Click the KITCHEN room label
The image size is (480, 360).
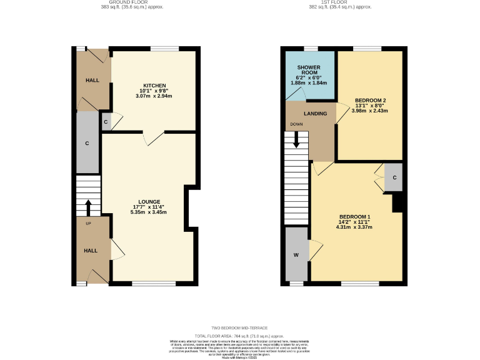pyautogui.click(x=154, y=85)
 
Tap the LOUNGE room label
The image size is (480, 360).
pyautogui.click(x=148, y=201)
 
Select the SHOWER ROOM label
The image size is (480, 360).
pyautogui.click(x=309, y=69)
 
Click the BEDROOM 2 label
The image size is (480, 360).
pyautogui.click(x=371, y=100)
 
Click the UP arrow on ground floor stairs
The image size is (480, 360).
pyautogui.click(x=88, y=206)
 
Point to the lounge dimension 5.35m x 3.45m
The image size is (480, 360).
pyautogui.click(x=148, y=212)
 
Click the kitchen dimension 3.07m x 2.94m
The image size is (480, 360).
pyautogui.click(x=154, y=96)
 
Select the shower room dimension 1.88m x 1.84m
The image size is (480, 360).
pyautogui.click(x=309, y=82)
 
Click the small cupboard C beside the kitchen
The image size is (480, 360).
pyautogui.click(x=106, y=122)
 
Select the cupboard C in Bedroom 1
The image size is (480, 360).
pyautogui.click(x=394, y=177)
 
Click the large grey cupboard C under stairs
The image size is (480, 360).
pyautogui.click(x=87, y=142)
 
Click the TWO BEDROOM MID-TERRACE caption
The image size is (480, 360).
pyautogui.click(x=239, y=327)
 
